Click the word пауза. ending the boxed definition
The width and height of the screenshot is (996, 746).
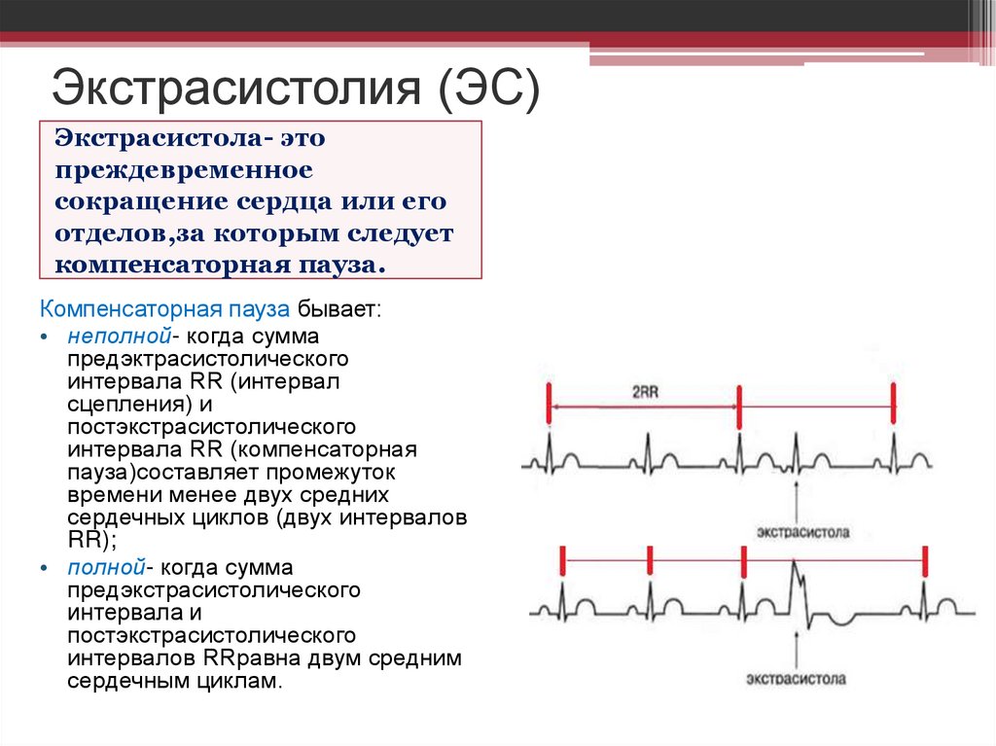(x=339, y=265)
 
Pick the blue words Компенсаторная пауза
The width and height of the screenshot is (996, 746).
(x=164, y=310)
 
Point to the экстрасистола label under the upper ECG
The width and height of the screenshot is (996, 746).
(x=800, y=532)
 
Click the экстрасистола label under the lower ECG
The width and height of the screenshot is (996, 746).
(x=798, y=678)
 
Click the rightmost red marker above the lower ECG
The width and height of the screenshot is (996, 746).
(x=926, y=561)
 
